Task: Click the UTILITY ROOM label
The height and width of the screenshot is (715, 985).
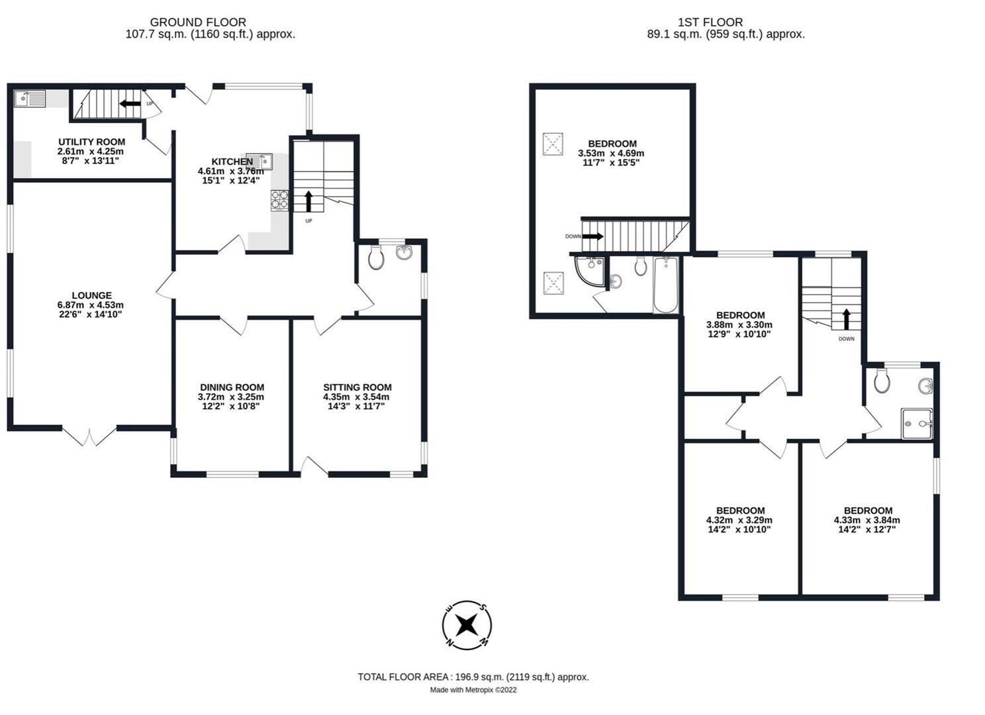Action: pyautogui.click(x=91, y=142)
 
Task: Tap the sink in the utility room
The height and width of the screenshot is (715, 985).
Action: pyautogui.click(x=30, y=99)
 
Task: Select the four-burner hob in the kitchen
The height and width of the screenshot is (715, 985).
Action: pyautogui.click(x=279, y=200)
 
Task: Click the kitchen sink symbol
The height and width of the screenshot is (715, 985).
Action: pyautogui.click(x=259, y=161)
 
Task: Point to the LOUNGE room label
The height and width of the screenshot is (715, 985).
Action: pyautogui.click(x=91, y=295)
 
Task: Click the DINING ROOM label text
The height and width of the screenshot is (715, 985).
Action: pyautogui.click(x=232, y=387)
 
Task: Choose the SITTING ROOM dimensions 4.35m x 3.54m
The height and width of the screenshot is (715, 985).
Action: pyautogui.click(x=356, y=397)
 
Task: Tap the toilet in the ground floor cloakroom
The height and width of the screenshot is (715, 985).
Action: pyautogui.click(x=375, y=258)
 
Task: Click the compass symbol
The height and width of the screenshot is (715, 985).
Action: pyautogui.click(x=467, y=625)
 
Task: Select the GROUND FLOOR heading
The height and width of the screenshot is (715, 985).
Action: pyautogui.click(x=198, y=23)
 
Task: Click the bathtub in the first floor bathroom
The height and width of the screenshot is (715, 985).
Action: pyautogui.click(x=665, y=286)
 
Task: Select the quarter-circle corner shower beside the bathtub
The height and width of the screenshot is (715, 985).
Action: pyautogui.click(x=588, y=271)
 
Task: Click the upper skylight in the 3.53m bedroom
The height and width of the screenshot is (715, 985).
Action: pyautogui.click(x=553, y=144)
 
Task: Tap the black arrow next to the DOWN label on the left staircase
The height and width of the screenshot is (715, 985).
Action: pyautogui.click(x=592, y=236)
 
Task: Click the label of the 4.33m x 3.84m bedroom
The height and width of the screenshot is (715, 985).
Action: pyautogui.click(x=867, y=510)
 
